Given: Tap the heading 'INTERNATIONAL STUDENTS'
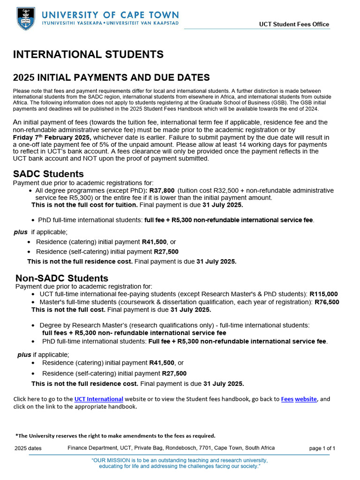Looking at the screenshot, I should tap(88, 54).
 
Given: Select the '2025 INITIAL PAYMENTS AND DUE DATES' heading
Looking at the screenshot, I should tap(111, 77).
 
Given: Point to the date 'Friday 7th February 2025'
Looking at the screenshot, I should tap(52, 137).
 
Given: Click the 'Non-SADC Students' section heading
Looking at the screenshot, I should tap(62, 278).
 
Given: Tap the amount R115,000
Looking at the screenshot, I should tap(323, 294).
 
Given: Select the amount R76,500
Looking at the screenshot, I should tap(327, 302).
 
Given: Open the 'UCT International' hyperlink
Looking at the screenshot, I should tap(98, 399).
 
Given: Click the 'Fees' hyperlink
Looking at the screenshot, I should tap(287, 399).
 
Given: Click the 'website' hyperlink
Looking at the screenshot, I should tap(306, 399).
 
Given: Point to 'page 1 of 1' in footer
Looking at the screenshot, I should tap(322, 448).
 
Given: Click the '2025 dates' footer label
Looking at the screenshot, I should tap(28, 448).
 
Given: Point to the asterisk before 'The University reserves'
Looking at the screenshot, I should tap(16, 435).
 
